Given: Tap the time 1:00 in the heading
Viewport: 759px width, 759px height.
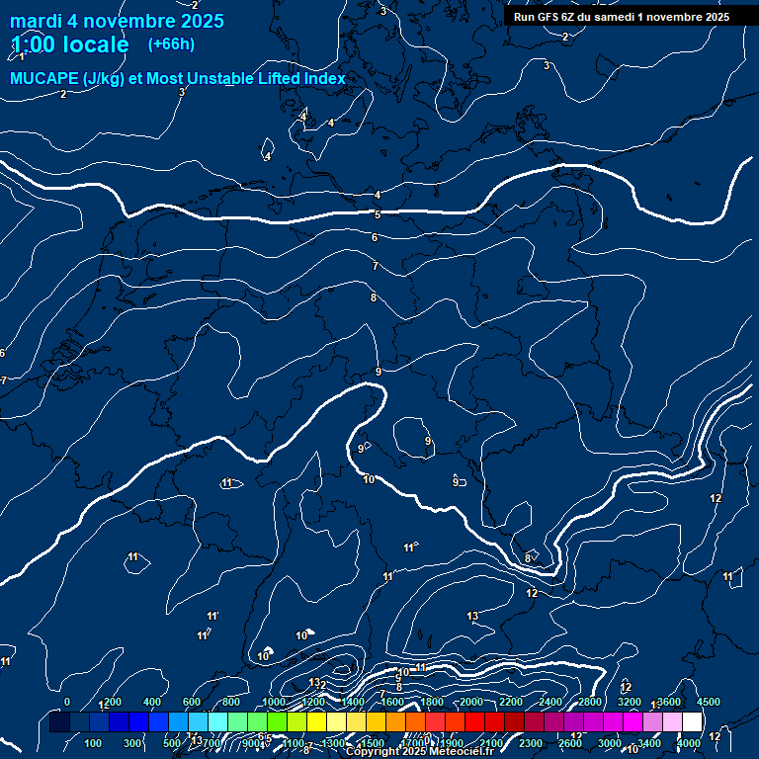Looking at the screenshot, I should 30,44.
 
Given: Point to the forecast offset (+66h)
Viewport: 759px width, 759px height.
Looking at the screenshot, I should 171,43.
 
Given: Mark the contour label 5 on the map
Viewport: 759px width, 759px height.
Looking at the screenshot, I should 377,214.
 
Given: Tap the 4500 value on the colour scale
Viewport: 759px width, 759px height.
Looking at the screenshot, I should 709,702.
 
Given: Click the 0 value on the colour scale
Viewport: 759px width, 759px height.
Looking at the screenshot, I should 67,702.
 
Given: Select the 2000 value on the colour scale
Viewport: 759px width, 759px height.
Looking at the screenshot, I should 471,702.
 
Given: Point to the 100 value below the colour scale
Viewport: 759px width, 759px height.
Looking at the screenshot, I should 94,743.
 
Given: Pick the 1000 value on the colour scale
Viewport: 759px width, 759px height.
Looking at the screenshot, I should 274,702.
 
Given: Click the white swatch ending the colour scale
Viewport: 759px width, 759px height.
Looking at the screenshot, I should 692,723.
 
